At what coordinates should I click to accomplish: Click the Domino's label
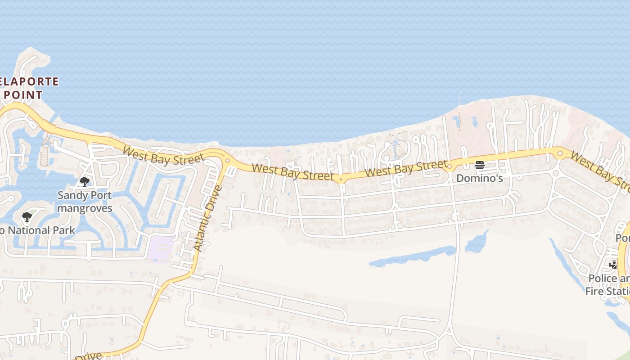point(479,178)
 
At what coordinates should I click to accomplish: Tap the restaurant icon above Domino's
point(479,165)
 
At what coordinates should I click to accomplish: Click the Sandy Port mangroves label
point(85,202)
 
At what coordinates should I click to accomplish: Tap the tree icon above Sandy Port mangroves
point(85,182)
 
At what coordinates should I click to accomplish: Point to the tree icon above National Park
point(27,217)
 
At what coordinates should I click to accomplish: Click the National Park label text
point(38,230)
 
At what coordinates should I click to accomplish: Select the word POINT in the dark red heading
point(22,95)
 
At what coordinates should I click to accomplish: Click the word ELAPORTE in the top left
point(30,82)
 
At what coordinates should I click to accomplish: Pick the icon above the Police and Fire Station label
point(613,265)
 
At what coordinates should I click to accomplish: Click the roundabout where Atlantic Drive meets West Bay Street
point(228,161)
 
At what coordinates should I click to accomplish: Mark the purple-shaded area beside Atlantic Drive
point(161,249)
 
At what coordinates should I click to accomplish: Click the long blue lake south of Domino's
point(412,256)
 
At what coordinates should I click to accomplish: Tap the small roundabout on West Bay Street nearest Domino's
point(449,167)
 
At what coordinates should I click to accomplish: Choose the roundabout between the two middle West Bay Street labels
point(341,180)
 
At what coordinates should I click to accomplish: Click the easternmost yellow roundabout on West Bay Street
point(560,153)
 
